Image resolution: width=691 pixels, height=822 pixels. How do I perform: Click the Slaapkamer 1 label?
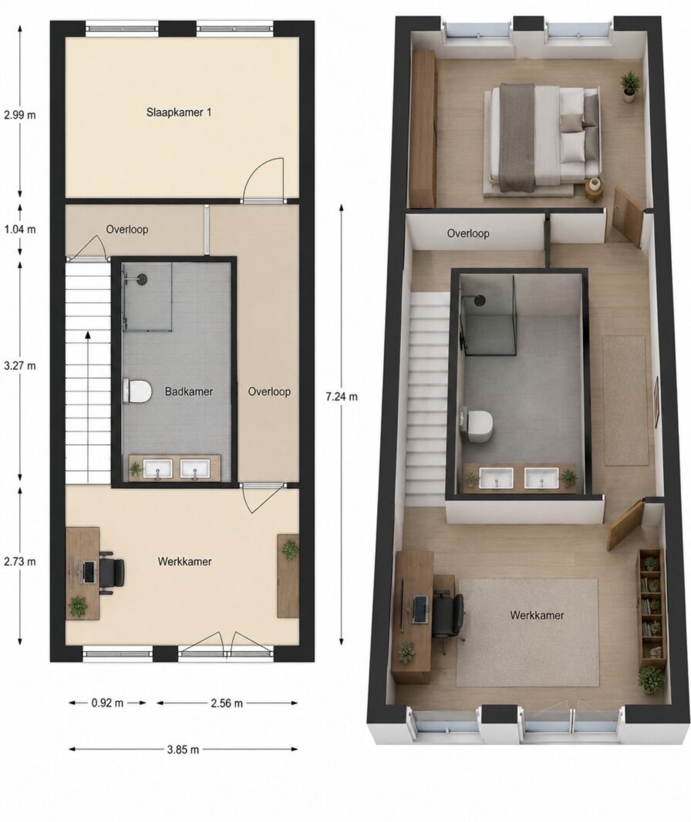tap(179, 112)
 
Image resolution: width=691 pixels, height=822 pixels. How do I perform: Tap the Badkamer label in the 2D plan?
tap(189, 391)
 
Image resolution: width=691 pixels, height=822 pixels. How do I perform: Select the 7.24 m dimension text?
tap(342, 397)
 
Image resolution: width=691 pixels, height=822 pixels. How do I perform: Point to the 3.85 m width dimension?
tap(183, 750)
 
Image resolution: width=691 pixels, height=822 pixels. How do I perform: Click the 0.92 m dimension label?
tap(107, 703)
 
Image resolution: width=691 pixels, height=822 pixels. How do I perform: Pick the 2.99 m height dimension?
tap(20, 115)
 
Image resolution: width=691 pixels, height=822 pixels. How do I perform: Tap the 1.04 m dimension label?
tap(20, 229)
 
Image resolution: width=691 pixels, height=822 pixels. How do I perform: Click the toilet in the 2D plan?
tap(137, 391)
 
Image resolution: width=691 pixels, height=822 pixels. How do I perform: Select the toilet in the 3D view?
tap(477, 424)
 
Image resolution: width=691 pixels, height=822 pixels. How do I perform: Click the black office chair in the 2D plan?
tap(112, 572)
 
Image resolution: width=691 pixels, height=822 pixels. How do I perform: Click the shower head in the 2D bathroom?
tap(142, 279)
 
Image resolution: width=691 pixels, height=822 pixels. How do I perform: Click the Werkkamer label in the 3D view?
tap(537, 615)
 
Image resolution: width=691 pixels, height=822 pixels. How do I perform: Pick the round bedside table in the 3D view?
tap(595, 190)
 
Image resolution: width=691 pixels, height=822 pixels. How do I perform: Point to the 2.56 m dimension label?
tap(227, 703)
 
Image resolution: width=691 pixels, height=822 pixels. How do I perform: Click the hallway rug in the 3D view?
tap(625, 401)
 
